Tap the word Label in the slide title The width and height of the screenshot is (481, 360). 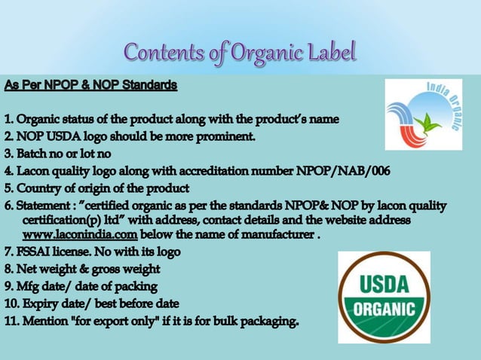coord(329,53)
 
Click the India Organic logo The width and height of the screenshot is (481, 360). coord(423,114)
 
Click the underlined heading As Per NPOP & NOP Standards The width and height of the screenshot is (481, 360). coord(90,85)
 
